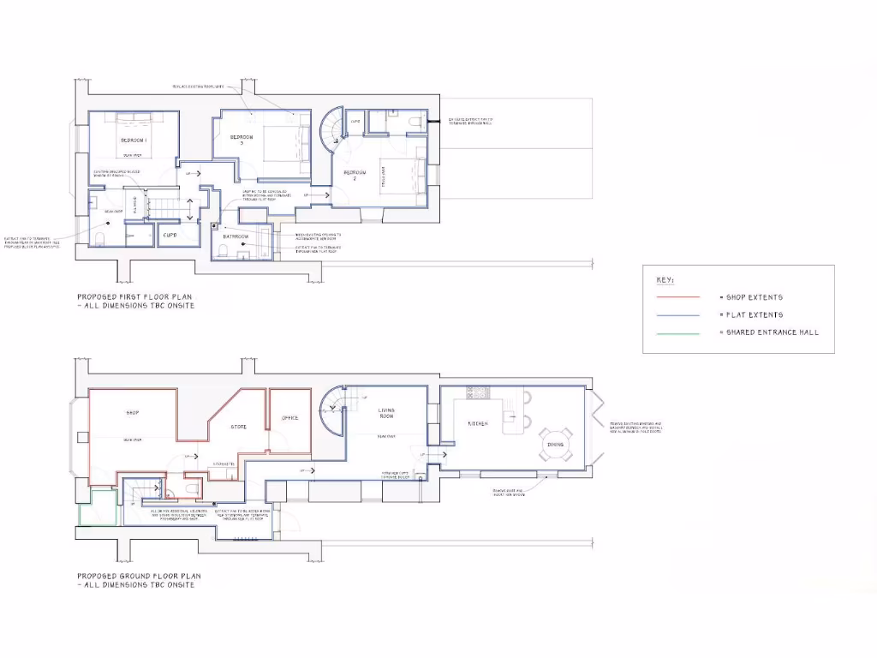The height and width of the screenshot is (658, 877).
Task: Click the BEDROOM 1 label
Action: coord(133,140)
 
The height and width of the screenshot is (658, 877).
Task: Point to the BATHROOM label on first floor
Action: coord(236,236)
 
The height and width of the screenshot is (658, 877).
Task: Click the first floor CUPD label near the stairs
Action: coord(170,234)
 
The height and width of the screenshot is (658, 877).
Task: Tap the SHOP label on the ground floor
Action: coord(133,413)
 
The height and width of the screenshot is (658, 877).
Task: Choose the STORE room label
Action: coord(238,426)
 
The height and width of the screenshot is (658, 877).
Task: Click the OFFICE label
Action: coord(289,418)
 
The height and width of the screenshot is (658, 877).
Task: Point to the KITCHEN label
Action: coord(476,424)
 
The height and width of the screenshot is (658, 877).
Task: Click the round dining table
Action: coord(554,444)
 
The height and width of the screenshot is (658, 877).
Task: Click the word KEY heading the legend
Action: coord(665,280)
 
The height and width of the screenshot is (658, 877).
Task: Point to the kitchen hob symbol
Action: coord(477,393)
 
